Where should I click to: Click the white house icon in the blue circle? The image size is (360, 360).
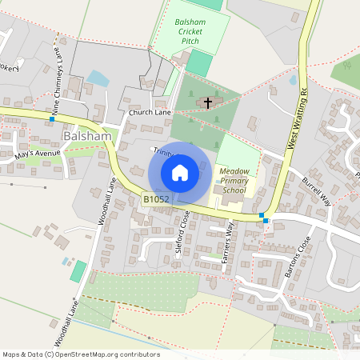180,173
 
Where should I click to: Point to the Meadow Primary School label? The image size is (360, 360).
234,180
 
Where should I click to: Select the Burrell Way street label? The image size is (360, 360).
314,193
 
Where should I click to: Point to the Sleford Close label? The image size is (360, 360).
185,231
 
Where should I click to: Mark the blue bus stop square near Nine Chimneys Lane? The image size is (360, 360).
52,119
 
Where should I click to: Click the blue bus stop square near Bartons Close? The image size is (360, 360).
262,215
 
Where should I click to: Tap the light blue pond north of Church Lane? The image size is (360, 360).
98,78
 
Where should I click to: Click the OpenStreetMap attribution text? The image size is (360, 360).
80,354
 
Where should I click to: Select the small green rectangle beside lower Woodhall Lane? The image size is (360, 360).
78,270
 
